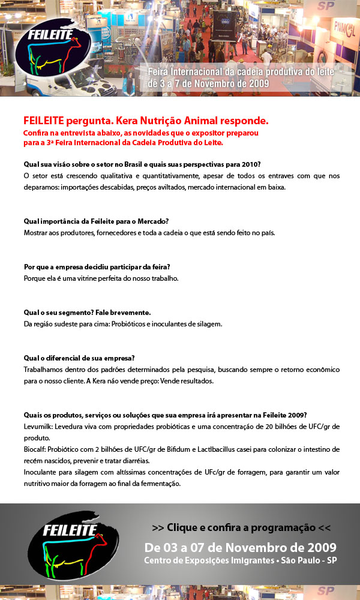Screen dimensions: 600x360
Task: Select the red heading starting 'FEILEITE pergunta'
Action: coord(146,120)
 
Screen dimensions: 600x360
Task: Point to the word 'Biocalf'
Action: coord(36,449)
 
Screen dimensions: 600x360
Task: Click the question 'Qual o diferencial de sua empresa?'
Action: coord(79,358)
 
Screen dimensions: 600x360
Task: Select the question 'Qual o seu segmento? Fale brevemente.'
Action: coord(87,313)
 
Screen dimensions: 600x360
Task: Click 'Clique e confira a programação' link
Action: coord(241,528)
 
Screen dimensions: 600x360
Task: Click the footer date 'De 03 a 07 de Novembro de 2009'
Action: coord(241,547)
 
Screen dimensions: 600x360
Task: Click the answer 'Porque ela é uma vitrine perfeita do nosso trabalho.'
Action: coord(101,278)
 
